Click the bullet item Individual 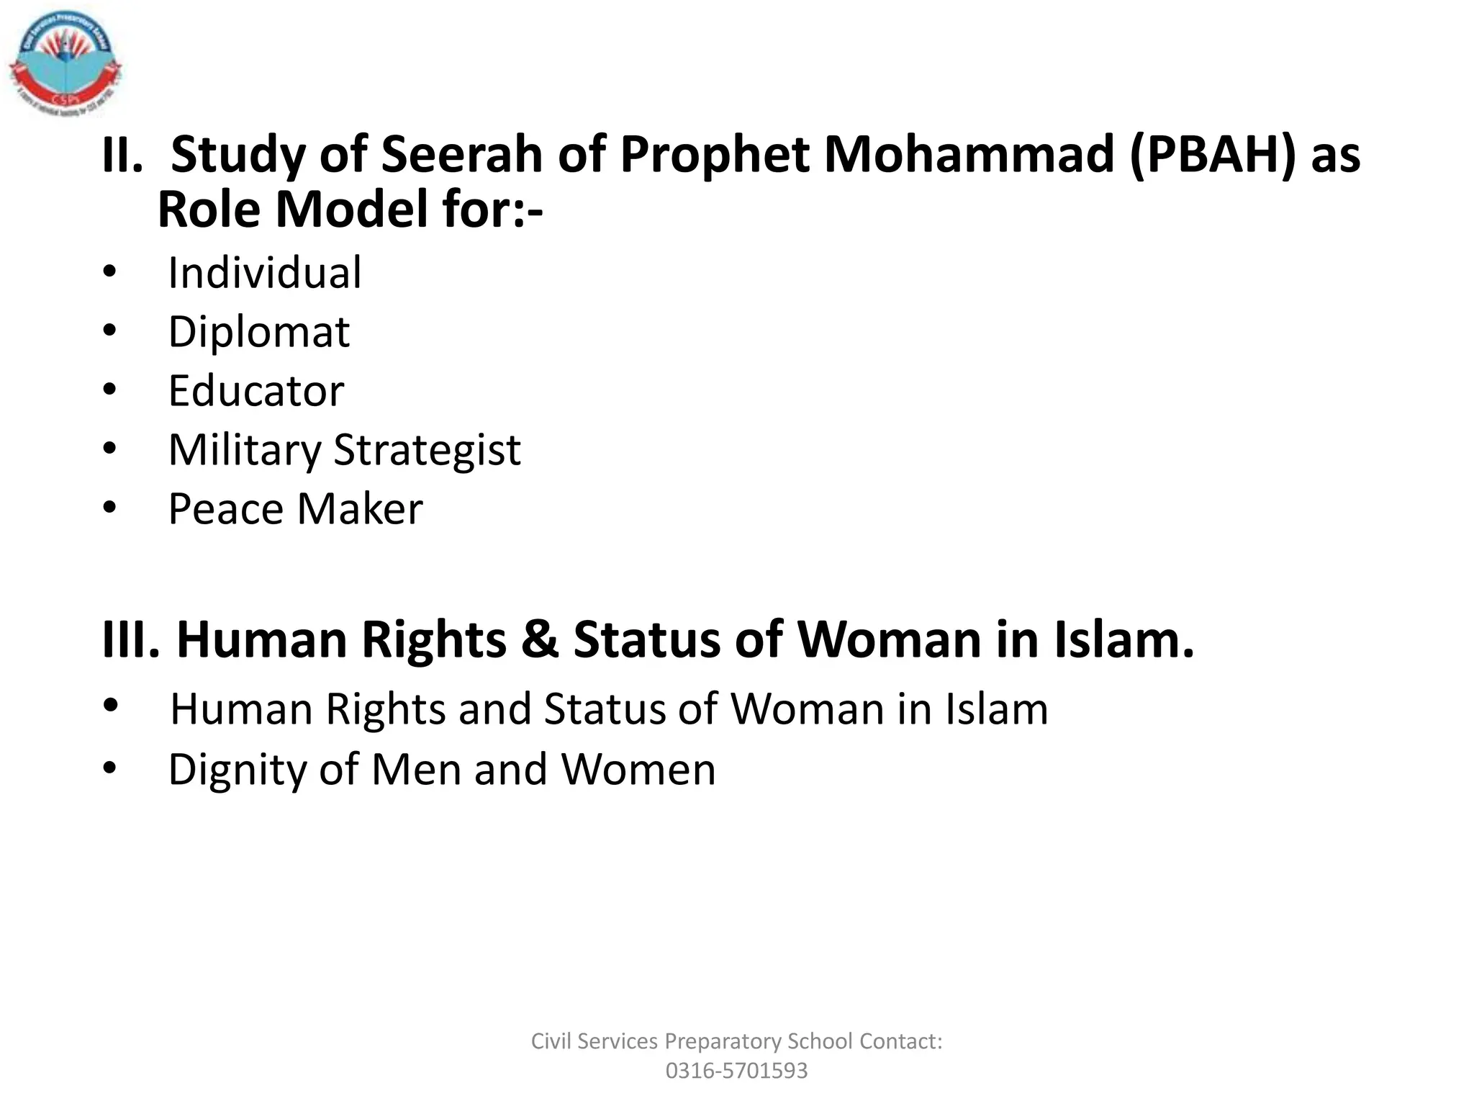click(265, 273)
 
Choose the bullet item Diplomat click(259, 332)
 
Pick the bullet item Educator click(256, 391)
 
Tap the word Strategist click(428, 450)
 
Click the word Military click(244, 450)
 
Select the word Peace click(226, 509)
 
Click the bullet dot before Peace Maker click(109, 508)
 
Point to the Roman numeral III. click(130, 639)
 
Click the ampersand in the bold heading click(540, 639)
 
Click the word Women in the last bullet click(638, 770)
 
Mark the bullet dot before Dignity click(109, 768)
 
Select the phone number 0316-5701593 click(736, 1071)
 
